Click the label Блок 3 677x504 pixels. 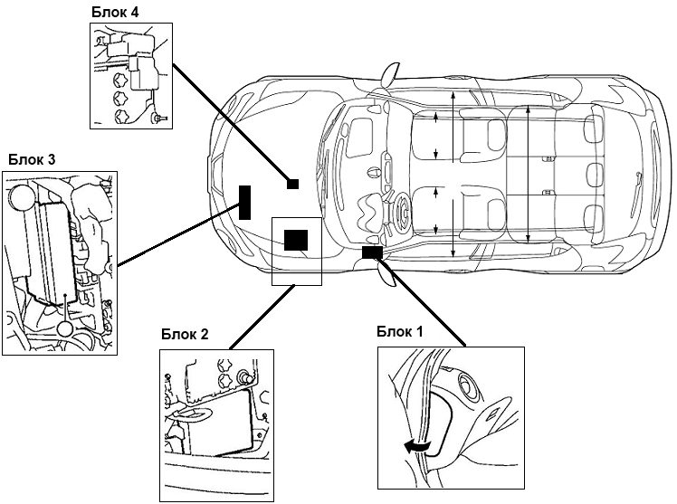(33, 160)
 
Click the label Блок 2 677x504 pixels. (186, 334)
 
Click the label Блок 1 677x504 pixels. (400, 332)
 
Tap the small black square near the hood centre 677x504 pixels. (292, 184)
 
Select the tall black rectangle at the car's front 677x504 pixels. (244, 202)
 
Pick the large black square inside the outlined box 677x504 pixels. (295, 240)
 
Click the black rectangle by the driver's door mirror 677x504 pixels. (371, 252)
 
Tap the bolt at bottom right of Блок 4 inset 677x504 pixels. (160, 117)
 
